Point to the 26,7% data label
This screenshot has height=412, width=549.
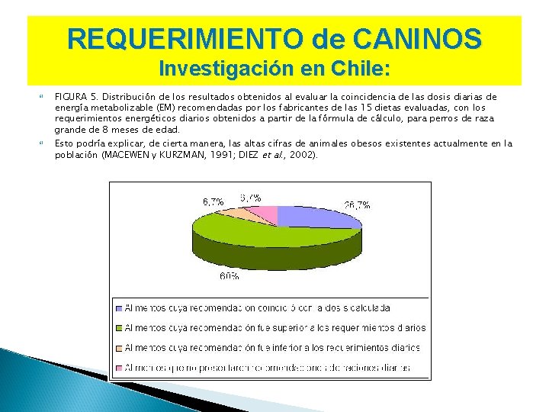click(x=357, y=205)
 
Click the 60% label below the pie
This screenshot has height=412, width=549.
click(x=229, y=276)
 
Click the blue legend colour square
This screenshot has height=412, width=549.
click(x=118, y=307)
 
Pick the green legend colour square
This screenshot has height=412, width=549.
click(x=118, y=328)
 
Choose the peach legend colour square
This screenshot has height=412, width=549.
click(x=118, y=348)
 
